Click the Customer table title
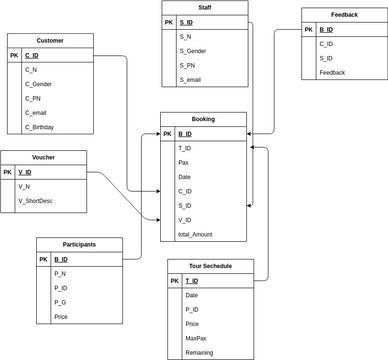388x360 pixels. (50, 40)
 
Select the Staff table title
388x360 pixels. (204, 7)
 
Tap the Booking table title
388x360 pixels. (203, 119)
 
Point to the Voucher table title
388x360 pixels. (43, 157)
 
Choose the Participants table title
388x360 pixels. (79, 244)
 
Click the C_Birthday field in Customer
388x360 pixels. (40, 128)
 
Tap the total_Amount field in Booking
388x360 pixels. (196, 234)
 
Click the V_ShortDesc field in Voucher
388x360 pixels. (37, 201)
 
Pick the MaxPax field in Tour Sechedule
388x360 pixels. (196, 338)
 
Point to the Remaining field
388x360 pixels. (200, 352)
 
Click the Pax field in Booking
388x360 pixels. (183, 162)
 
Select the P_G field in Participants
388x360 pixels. (60, 302)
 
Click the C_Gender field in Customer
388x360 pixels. (40, 85)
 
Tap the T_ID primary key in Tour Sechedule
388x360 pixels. (191, 281)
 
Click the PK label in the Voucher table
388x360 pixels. (8, 172)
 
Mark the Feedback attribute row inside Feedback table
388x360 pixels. (334, 73)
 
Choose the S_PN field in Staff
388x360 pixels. (187, 64)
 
